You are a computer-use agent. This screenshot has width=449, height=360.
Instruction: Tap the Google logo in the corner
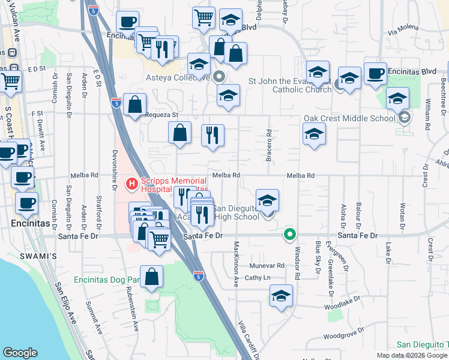point(20,353)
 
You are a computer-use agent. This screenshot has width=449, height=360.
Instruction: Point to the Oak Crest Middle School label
point(349,118)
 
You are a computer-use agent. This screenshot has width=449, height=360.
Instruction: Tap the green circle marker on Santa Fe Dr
point(291,235)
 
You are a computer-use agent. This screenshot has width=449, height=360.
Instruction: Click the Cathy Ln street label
point(258,277)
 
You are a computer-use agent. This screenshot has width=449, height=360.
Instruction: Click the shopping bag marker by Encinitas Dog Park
point(152,277)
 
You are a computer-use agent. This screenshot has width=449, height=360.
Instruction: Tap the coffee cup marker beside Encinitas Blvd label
point(375,73)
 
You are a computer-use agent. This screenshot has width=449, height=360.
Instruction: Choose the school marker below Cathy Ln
point(280,296)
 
